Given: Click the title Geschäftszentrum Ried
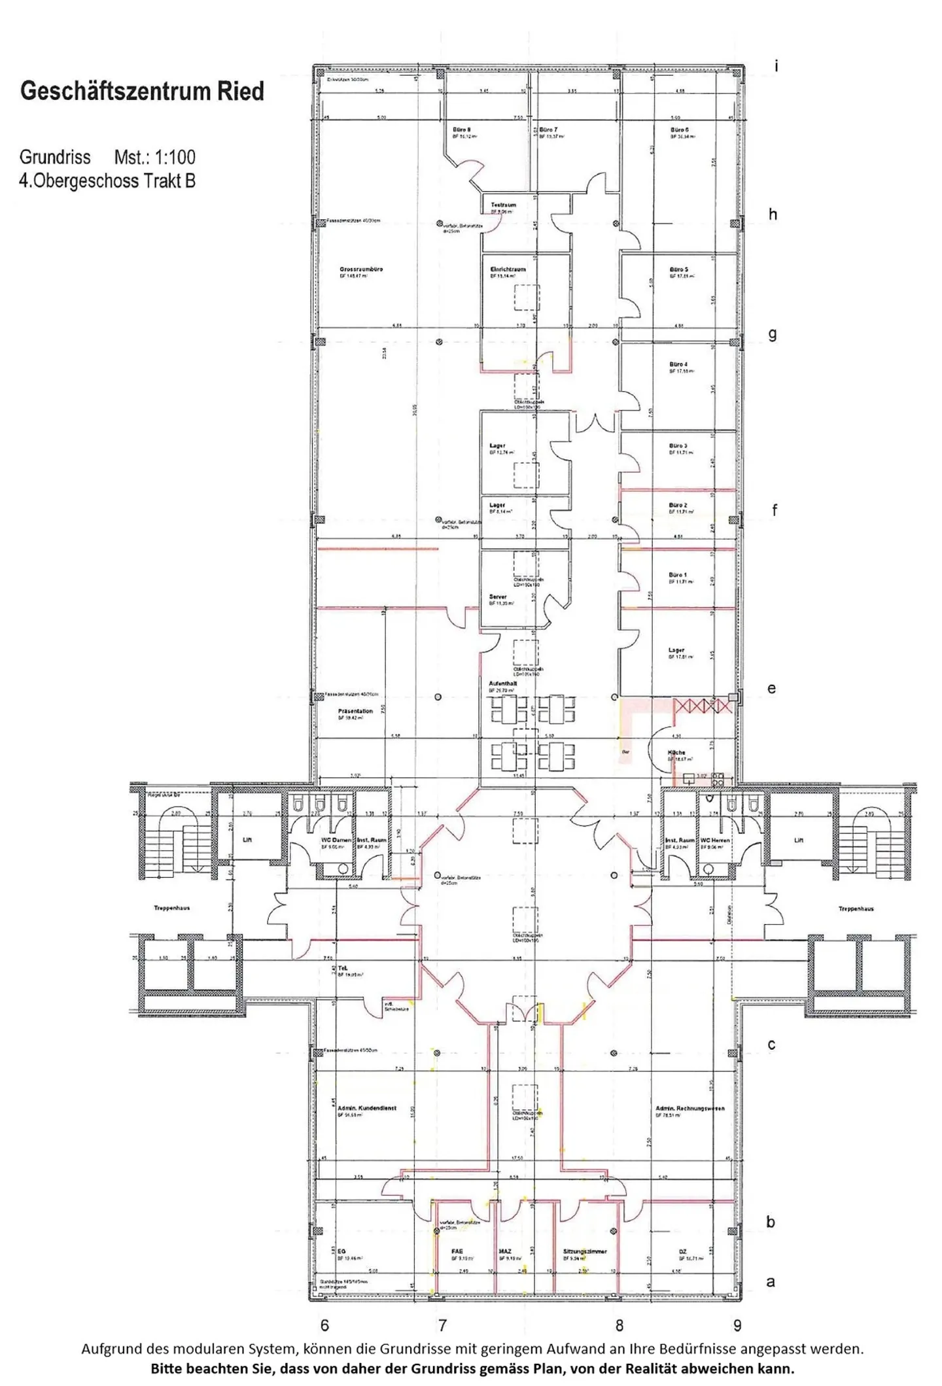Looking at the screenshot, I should point(142,91).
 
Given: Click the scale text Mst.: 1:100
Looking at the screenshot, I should point(154,157).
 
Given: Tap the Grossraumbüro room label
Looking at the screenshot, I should point(361,269).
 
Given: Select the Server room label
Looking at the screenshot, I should point(498,597).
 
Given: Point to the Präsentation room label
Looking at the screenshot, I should point(355,711).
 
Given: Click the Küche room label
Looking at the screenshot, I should point(676,753).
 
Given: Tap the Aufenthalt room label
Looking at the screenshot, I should point(502,684).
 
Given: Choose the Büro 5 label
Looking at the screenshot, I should point(678,269).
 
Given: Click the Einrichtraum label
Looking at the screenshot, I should point(508,269).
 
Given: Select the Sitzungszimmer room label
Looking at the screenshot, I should point(585,1251).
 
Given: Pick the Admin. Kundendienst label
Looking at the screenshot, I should point(366,1108).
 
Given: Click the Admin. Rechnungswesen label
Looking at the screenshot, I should point(689,1108).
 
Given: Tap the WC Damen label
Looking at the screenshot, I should point(336,840).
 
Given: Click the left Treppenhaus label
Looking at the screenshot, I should point(171,908).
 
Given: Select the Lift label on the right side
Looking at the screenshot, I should point(798,840).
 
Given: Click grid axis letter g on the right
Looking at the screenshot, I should point(773,334).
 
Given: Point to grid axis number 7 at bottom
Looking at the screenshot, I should point(442,1325).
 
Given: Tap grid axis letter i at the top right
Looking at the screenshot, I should point(776,66).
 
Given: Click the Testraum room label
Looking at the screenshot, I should point(503,205).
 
